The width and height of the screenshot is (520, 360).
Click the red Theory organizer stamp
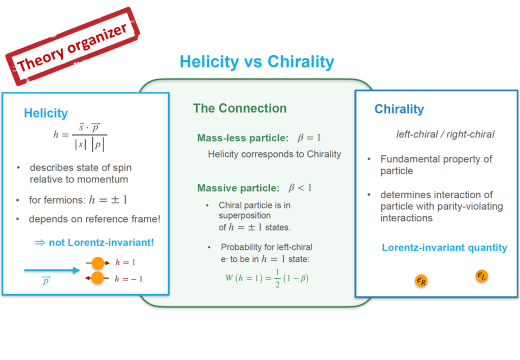pyautogui.click(x=72, y=46)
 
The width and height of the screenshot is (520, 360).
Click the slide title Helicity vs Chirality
pyautogui.click(x=256, y=61)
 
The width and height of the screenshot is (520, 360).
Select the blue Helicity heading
pyautogui.click(x=46, y=113)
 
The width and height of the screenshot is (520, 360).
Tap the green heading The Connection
pyautogui.click(x=240, y=108)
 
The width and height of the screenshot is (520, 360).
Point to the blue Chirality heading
pyautogui.click(x=399, y=109)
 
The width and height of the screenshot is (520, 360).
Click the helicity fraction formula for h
pyautogui.click(x=80, y=137)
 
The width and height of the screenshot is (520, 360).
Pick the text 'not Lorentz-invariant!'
pyautogui.click(x=101, y=243)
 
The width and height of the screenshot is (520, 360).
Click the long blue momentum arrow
pyautogui.click(x=52, y=271)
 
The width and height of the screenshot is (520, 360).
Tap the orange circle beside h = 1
pyautogui.click(x=98, y=263)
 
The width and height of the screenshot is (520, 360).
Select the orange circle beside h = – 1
pyautogui.click(x=97, y=278)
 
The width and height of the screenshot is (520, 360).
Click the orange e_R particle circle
pyautogui.click(x=421, y=281)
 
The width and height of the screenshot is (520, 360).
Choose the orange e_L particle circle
pyautogui.click(x=481, y=276)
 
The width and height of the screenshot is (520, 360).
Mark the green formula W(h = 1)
pyautogui.click(x=267, y=278)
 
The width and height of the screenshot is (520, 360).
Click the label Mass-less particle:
pyautogui.click(x=243, y=138)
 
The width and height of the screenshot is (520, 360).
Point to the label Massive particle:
pyautogui.click(x=239, y=188)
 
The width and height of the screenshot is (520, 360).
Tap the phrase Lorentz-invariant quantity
pyautogui.click(x=444, y=248)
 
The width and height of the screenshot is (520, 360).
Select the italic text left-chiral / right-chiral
pyautogui.click(x=445, y=134)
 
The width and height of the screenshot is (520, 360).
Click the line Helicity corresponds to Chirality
pyautogui.click(x=274, y=154)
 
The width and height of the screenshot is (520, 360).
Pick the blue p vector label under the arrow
pyautogui.click(x=46, y=281)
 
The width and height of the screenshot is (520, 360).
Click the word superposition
pyautogui.click(x=244, y=216)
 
